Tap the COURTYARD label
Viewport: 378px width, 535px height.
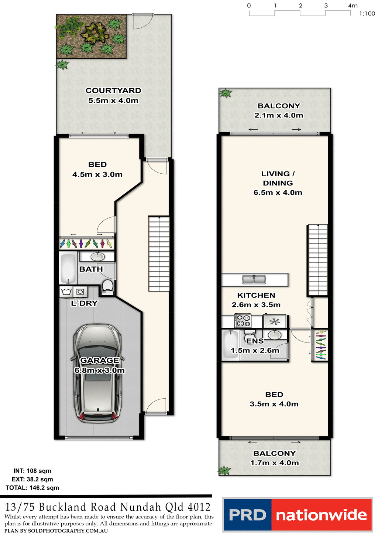pyautogui.click(x=113, y=91)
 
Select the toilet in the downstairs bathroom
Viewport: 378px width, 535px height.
pyautogui.click(x=107, y=286)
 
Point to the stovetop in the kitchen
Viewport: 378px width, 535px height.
pyautogui.click(x=243, y=320)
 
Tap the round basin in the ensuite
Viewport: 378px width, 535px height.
pyautogui.click(x=274, y=335)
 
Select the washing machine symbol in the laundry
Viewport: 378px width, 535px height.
pyautogui.click(x=66, y=292)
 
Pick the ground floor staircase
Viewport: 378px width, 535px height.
pyautogui.click(x=159, y=253)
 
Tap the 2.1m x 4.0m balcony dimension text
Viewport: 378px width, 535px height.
pyautogui.click(x=279, y=115)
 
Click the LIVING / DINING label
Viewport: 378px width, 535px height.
pyautogui.click(x=278, y=178)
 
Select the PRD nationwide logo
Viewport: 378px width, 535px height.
pyautogui.click(x=298, y=515)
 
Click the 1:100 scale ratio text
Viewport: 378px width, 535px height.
pyautogui.click(x=367, y=14)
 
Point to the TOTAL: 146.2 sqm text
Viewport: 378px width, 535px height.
pyautogui.click(x=32, y=488)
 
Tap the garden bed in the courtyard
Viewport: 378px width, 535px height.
pyautogui.click(x=91, y=36)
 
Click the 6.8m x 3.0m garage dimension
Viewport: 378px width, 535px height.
pyautogui.click(x=100, y=370)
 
